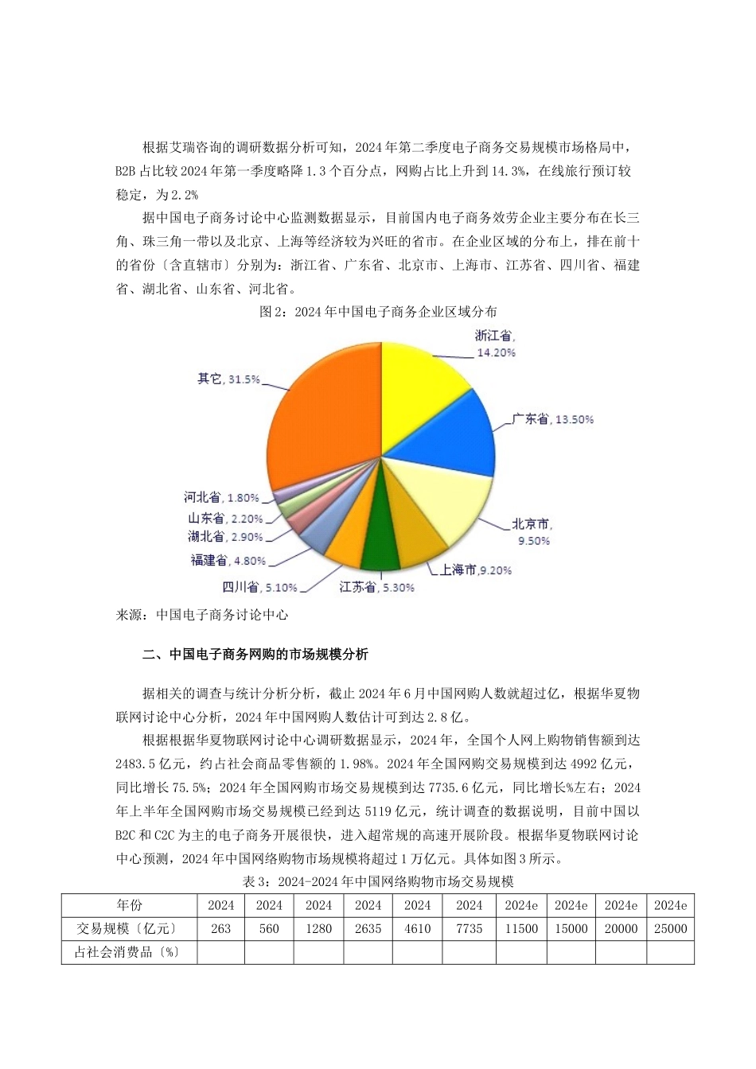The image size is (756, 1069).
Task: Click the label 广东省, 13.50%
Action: tap(552, 419)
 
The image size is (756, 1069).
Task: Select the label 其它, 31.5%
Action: tap(228, 379)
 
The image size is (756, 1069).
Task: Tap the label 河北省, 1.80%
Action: tap(221, 498)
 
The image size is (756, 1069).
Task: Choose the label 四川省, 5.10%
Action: tap(259, 588)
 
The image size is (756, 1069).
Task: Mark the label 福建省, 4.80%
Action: tap(228, 561)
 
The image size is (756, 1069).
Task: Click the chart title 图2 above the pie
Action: tap(378, 313)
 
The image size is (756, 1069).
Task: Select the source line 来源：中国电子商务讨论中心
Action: tap(202, 615)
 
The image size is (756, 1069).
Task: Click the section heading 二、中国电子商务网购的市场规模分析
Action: tap(255, 655)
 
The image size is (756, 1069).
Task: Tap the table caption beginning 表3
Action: tap(378, 881)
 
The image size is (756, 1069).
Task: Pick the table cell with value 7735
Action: tap(470, 928)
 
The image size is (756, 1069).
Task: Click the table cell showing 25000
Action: tap(670, 928)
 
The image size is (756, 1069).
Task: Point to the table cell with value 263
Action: tap(221, 928)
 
